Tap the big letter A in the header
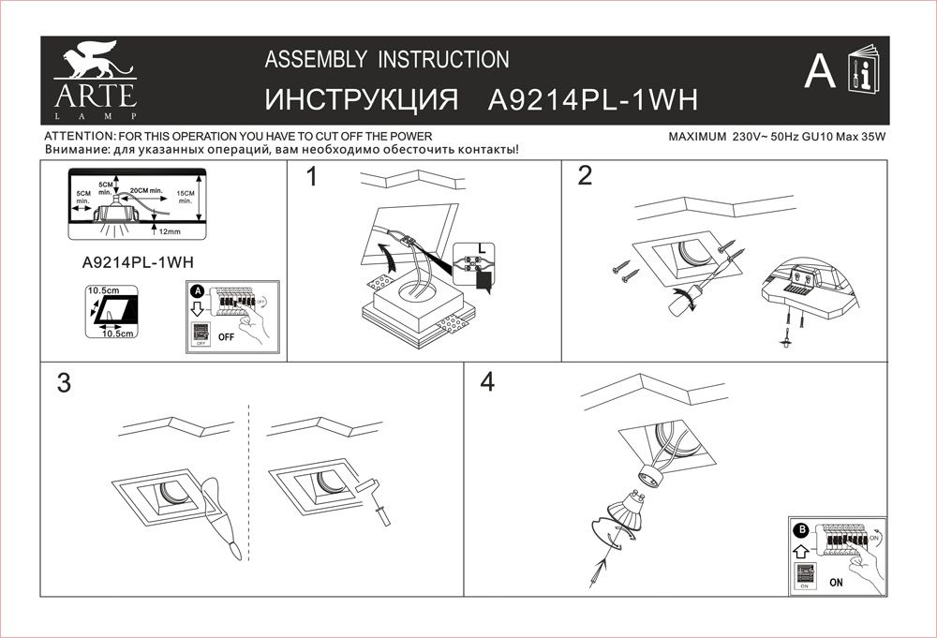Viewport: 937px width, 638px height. pyautogui.click(x=820, y=72)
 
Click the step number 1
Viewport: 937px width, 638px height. pyautogui.click(x=312, y=177)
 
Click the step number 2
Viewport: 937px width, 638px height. pyautogui.click(x=586, y=177)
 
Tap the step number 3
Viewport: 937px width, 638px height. pyautogui.click(x=64, y=383)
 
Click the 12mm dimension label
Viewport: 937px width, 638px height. pyautogui.click(x=171, y=230)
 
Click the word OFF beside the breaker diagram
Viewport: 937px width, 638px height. pyautogui.click(x=226, y=335)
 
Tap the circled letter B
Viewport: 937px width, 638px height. pyautogui.click(x=802, y=530)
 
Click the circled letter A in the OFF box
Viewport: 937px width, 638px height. pyautogui.click(x=197, y=290)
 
